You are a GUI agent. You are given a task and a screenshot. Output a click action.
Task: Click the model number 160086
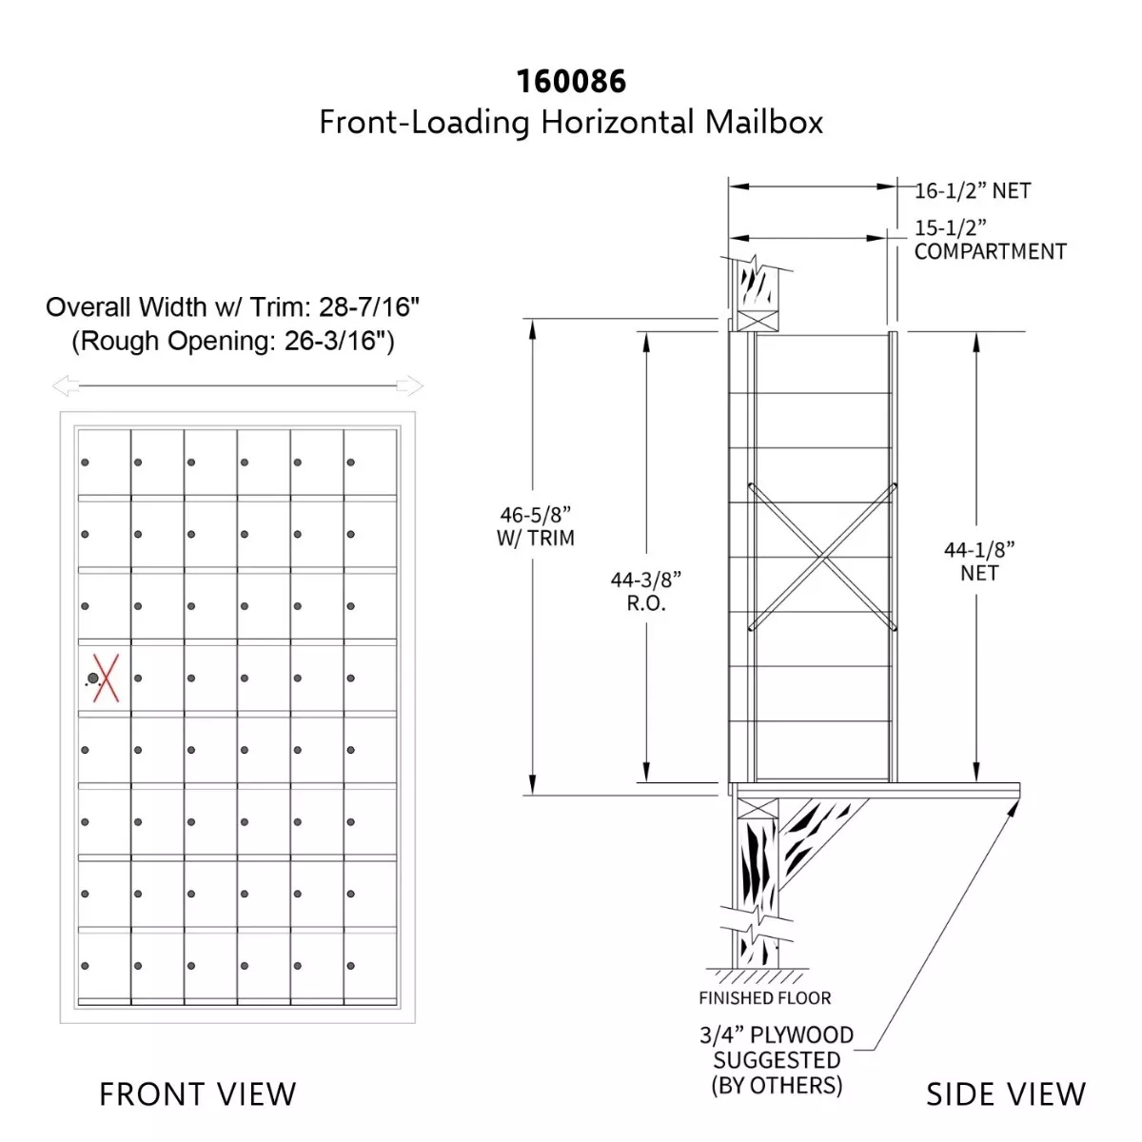571,81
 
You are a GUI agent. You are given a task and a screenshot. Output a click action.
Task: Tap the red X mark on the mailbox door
106,678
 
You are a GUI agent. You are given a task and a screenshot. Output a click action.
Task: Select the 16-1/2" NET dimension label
973,191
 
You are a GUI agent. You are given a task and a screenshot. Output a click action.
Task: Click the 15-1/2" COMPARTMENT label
990,240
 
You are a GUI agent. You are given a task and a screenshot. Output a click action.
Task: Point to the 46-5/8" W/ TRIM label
535,526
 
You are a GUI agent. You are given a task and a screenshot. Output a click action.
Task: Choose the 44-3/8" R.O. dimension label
646,591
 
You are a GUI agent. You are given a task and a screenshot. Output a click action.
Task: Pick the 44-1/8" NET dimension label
979,561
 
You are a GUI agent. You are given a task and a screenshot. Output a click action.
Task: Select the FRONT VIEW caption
197,1094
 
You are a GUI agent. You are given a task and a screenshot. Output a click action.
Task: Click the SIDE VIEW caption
1006,1094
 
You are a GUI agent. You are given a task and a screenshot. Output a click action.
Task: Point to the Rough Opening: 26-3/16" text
233,341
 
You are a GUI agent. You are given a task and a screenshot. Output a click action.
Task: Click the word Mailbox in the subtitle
763,123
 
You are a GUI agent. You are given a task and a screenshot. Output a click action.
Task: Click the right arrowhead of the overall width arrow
410,385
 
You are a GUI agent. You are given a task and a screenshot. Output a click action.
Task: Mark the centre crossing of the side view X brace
822,557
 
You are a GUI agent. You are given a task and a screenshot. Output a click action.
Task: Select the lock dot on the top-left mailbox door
85,463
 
